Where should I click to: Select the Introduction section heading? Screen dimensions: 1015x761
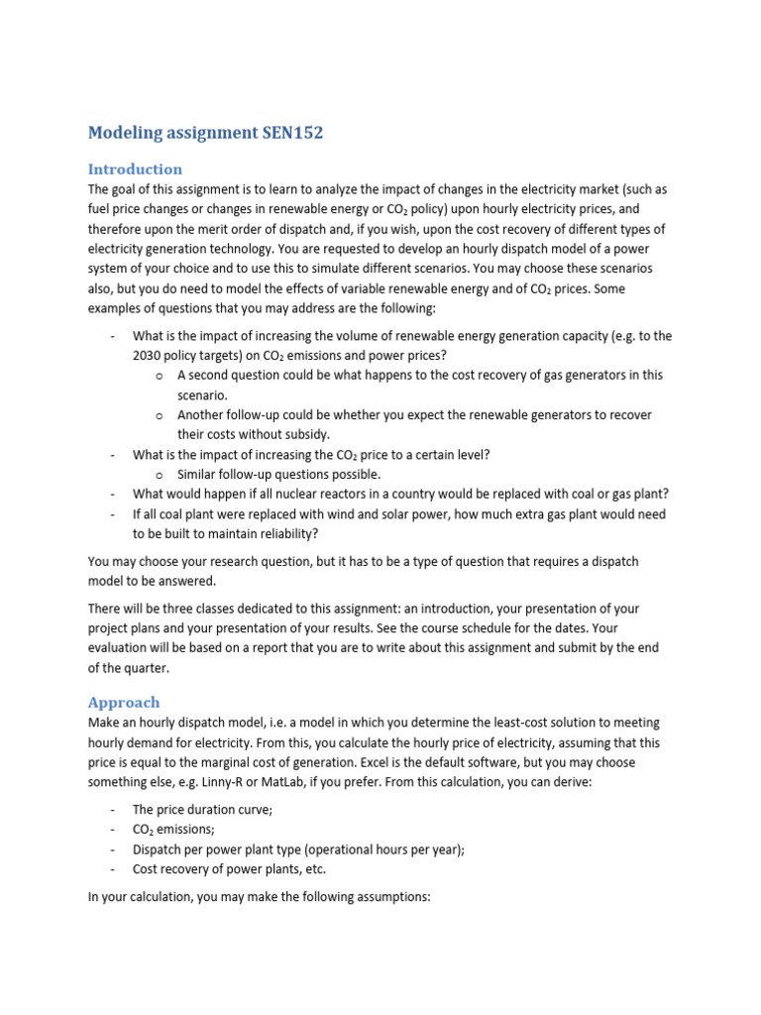(135, 169)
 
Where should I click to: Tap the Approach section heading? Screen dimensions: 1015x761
(124, 702)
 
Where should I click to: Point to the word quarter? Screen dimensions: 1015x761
(141, 667)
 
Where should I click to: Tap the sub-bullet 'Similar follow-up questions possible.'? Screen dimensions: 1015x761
(278, 474)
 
